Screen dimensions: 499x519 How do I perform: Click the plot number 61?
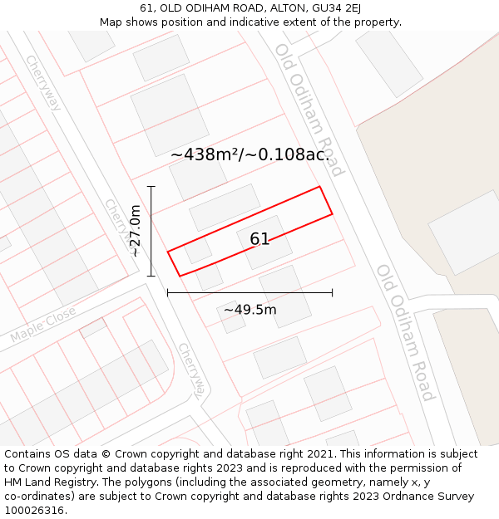coord(259,239)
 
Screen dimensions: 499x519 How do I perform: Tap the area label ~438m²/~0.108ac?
coord(249,154)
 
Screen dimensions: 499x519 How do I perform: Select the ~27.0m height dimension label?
coord(136,231)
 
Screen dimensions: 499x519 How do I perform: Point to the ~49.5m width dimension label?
coord(249,311)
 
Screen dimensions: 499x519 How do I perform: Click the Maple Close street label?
coord(42,325)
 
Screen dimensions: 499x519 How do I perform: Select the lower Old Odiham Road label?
coord(404,331)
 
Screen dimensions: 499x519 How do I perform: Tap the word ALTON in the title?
coord(281,8)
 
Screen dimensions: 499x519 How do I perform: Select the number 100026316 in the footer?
coord(35,511)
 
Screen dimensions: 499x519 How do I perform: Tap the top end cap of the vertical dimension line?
coord(151,187)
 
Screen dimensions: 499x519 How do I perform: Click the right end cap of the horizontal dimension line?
coord(332,292)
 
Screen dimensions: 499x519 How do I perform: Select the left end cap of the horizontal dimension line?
coord(168,292)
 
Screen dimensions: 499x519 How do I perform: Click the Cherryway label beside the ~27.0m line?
coord(118,226)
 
